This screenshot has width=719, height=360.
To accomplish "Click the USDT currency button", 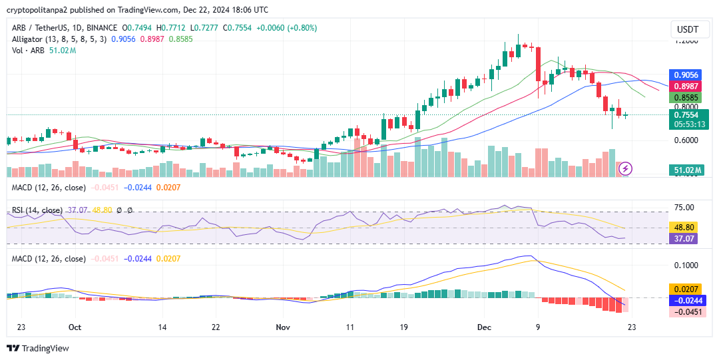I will pyautogui.click(x=688, y=30).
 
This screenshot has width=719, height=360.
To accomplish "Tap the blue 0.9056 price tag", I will pyautogui.click(x=686, y=75).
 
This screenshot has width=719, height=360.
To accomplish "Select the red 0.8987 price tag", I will pyautogui.click(x=686, y=86).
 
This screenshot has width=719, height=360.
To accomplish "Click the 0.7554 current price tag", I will pyautogui.click(x=688, y=114).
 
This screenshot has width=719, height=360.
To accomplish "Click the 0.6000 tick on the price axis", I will pyautogui.click(x=686, y=140).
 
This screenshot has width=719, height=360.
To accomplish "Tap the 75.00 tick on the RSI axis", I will pyautogui.click(x=684, y=208).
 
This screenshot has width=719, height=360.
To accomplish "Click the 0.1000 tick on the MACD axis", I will pyautogui.click(x=686, y=265).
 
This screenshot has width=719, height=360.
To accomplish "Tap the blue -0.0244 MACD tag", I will pyautogui.click(x=686, y=301).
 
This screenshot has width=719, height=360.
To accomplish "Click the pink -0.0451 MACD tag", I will pyautogui.click(x=686, y=312).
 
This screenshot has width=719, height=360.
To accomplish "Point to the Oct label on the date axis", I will pyautogui.click(x=75, y=327).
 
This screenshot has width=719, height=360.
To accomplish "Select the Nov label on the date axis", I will pyautogui.click(x=284, y=327).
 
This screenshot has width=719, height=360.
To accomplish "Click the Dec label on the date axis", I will pyautogui.click(x=484, y=327).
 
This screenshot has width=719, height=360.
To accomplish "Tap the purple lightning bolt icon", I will pyautogui.click(x=626, y=169).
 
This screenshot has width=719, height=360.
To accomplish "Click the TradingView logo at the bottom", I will pyautogui.click(x=38, y=348).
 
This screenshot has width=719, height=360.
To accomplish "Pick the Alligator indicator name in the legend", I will pyautogui.click(x=27, y=39).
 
